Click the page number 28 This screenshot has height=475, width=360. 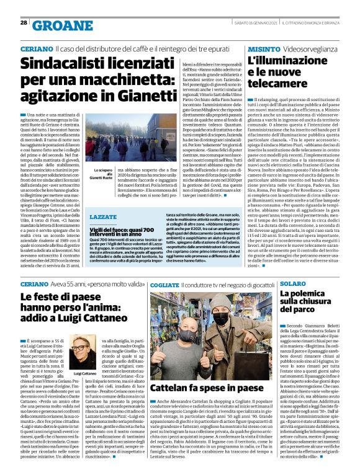24,22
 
